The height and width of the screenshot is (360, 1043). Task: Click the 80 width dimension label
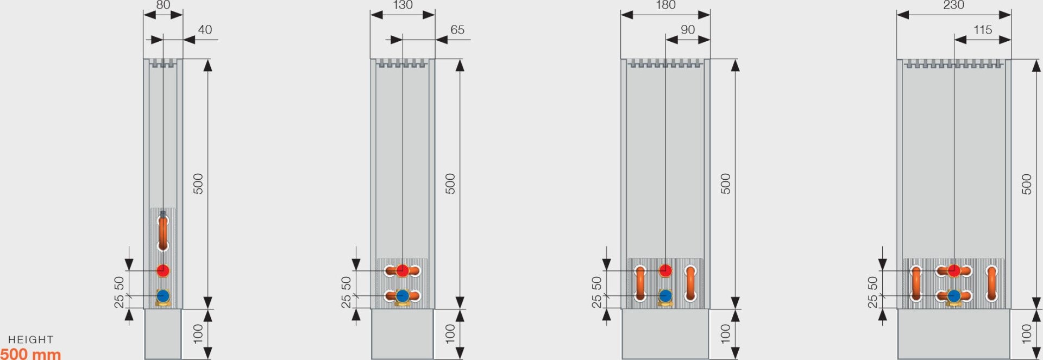163,5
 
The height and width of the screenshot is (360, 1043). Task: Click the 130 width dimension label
403,5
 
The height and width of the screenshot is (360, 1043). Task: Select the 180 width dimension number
665,5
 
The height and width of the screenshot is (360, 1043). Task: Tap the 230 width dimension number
953,5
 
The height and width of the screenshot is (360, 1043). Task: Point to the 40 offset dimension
205,30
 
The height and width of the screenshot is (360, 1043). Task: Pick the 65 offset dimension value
457,30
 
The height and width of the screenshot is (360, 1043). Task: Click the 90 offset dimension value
688,30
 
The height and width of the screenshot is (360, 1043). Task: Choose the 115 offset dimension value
983,30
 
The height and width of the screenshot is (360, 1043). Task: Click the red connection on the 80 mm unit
163,270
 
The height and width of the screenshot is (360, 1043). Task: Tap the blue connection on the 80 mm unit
163,296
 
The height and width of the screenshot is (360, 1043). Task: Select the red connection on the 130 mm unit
403,270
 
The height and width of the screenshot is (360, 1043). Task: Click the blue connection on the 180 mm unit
665,296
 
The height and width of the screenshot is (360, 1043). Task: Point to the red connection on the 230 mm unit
954,270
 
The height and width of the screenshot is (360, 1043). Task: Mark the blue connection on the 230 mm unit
954,296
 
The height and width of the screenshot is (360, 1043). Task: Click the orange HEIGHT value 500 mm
30,353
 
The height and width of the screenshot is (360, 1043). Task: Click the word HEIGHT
30,340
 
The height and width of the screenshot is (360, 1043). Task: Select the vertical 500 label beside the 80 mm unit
198,184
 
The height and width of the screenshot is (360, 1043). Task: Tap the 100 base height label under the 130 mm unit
450,333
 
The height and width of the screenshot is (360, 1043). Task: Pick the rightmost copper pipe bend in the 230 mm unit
992,283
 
